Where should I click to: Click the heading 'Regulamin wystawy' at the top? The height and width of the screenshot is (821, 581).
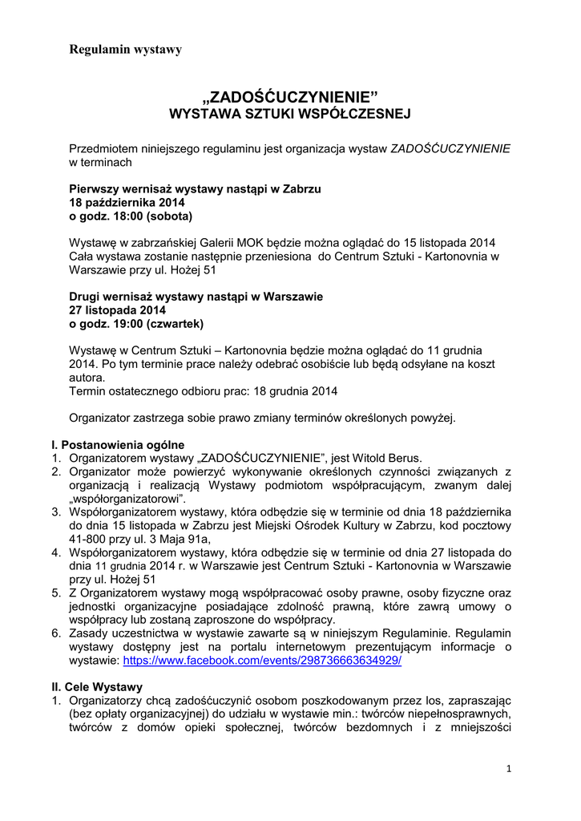(126, 50)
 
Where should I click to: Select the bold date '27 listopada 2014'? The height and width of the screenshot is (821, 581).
(117, 310)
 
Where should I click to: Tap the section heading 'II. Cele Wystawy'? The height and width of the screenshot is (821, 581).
(96, 687)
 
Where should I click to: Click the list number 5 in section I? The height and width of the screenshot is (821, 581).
(56, 592)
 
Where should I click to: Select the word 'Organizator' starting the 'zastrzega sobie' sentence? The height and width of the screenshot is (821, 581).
(101, 418)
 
